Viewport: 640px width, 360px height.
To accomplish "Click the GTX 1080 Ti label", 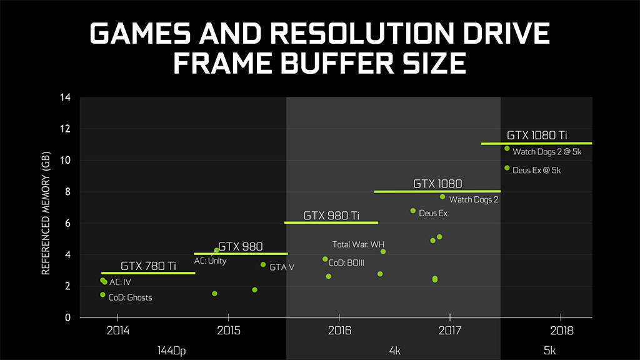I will coord(536,135).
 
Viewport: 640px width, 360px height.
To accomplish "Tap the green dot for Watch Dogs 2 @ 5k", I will coord(507,148).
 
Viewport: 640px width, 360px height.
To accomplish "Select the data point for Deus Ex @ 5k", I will coord(507,167).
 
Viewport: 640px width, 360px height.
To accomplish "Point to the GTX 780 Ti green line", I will coord(149,273).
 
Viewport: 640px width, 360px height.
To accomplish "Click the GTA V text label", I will coord(282,267).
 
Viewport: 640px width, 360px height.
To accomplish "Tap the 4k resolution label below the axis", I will coord(394,351).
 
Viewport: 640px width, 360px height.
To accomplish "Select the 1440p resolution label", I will coord(172,351).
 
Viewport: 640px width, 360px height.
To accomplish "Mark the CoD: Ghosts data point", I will coord(102,294).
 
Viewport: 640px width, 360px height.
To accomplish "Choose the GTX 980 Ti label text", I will coord(331,216).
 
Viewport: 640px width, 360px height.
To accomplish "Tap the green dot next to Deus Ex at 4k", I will coord(413,211).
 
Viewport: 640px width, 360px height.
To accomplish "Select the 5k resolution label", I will coord(549,351).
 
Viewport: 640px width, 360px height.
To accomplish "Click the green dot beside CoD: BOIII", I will coord(325,259).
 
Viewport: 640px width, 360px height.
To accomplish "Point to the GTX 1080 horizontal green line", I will coord(437,191).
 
